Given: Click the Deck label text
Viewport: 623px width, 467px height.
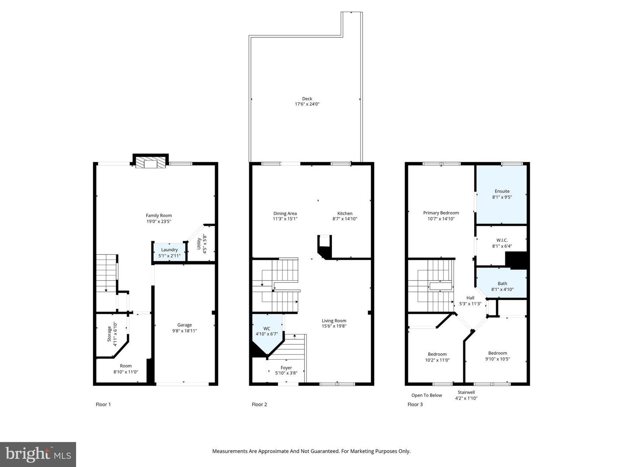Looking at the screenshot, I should click(307, 99).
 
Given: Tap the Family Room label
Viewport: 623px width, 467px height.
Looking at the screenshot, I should click(159, 215).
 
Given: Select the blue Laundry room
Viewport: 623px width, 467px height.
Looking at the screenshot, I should click(169, 252).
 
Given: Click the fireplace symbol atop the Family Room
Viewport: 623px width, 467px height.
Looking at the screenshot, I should click(150, 163).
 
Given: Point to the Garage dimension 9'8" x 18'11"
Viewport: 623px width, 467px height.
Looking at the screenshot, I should click(184, 331).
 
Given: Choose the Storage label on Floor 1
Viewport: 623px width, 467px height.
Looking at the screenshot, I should click(109, 334).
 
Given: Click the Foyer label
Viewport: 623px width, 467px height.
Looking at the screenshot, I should click(286, 368).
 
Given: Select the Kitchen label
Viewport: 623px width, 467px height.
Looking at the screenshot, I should click(345, 213).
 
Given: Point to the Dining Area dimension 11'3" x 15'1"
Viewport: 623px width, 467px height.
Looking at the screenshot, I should click(285, 219).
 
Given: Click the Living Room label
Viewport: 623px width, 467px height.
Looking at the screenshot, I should click(334, 321).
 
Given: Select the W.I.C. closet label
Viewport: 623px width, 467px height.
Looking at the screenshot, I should click(502, 240).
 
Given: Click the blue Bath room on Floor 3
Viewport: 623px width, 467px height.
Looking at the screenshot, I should click(502, 285).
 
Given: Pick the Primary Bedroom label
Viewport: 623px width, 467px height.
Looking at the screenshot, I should click(441, 213).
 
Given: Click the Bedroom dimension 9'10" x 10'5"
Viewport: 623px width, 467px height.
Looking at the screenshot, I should click(498, 359).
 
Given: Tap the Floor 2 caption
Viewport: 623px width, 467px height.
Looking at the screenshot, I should click(260, 404).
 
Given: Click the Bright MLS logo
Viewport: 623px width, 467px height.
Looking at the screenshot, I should click(38, 454).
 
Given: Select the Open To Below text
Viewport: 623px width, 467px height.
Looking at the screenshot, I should click(427, 395).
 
